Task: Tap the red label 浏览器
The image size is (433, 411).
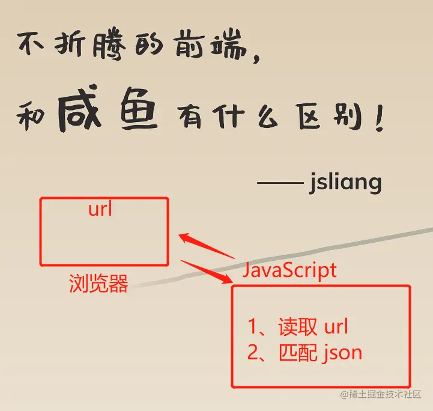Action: tap(98, 284)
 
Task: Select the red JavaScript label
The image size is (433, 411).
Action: tap(289, 270)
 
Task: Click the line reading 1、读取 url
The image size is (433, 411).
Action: tap(298, 327)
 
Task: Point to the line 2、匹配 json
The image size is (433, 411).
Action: tap(304, 352)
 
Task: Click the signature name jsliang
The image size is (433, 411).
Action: tap(345, 182)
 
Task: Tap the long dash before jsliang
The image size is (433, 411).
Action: tap(280, 182)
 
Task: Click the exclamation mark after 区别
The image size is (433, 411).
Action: tap(378, 120)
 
